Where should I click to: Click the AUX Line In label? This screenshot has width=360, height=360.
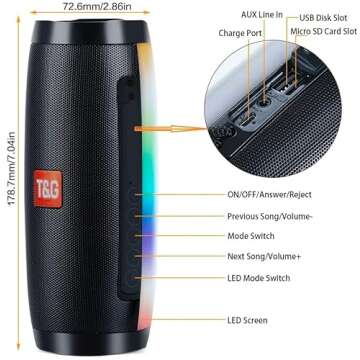pyautogui.click(x=263, y=15)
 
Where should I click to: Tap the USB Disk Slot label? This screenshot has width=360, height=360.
pyautogui.click(x=326, y=16)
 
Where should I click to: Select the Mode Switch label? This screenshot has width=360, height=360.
pyautogui.click(x=252, y=236)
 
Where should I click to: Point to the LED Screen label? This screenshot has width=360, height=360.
pyautogui.click(x=247, y=320)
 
